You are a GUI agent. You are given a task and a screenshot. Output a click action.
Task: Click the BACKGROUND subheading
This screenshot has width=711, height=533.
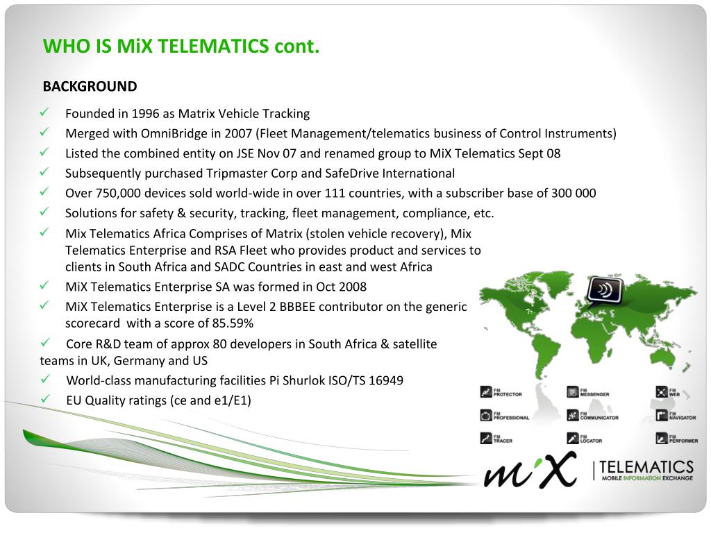[90, 87]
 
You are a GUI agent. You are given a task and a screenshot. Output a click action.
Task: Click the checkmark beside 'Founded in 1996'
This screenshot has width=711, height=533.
[44, 112]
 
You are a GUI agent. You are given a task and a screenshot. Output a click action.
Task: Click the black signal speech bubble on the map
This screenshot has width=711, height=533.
[605, 291]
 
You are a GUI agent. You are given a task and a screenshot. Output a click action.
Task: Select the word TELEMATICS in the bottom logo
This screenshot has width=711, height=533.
[646, 466]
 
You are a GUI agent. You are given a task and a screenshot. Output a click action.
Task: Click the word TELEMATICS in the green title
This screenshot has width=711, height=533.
[213, 46]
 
